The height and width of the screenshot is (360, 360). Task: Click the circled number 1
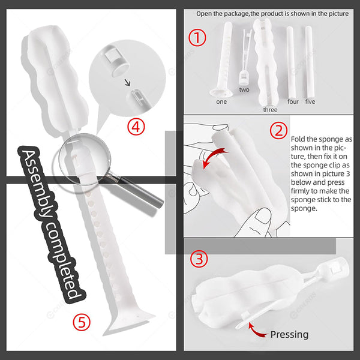point(197,38)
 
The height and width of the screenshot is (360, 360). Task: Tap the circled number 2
point(278,130)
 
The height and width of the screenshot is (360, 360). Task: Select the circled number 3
point(199,259)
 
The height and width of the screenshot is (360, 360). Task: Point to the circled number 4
point(136,126)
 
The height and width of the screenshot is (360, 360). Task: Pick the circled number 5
point(82,322)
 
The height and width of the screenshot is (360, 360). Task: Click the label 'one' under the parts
point(221,102)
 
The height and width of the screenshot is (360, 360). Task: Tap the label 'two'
point(244,89)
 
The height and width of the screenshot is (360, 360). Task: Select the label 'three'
point(270,110)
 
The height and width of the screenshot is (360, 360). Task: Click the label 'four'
point(293,101)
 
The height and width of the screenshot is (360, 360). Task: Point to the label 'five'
point(310,101)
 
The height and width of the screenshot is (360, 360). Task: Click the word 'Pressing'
point(289,335)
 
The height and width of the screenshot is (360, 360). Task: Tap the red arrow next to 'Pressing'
point(254,331)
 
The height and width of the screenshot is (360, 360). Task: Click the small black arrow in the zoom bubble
point(127,82)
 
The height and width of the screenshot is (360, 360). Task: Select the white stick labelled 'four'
point(291,62)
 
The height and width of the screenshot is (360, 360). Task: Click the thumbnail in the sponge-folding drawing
point(263,216)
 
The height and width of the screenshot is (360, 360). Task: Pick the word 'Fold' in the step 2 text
point(298,139)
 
